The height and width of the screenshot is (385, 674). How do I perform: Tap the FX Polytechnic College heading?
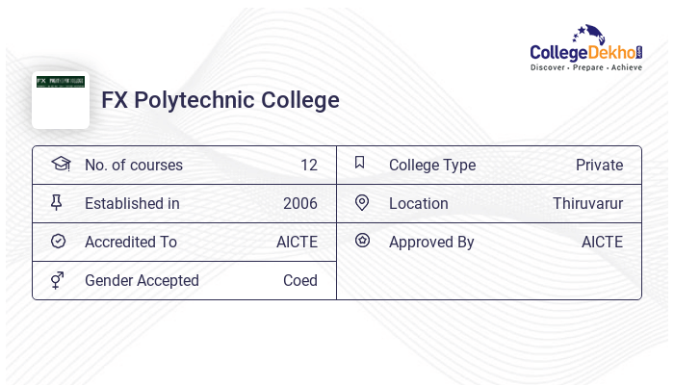click(220, 100)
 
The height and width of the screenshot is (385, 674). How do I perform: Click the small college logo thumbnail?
click(61, 97)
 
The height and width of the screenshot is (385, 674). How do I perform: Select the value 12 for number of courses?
click(308, 165)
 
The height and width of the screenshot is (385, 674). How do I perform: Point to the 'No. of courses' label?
click(134, 165)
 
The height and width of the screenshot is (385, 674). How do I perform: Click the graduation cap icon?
click(61, 164)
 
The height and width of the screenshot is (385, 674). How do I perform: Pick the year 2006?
click(299, 203)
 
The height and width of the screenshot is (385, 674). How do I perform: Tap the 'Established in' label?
click(132, 203)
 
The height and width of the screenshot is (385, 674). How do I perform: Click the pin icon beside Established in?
click(57, 202)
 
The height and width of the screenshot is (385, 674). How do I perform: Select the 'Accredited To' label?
click(131, 242)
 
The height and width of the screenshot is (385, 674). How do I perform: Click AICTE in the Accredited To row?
click(297, 242)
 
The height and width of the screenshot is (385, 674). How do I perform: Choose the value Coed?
click(299, 280)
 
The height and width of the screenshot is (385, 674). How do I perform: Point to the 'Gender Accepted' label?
click(142, 280)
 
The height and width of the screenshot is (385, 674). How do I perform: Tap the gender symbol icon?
click(58, 280)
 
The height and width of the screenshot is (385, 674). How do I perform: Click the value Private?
click(599, 165)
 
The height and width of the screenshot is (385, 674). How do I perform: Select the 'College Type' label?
click(432, 165)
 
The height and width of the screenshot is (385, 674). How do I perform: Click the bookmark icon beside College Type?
click(360, 163)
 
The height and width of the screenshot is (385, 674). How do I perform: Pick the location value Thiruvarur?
click(587, 203)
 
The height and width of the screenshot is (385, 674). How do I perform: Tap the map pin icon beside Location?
click(362, 202)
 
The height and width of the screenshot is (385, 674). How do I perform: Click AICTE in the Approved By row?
click(602, 242)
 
